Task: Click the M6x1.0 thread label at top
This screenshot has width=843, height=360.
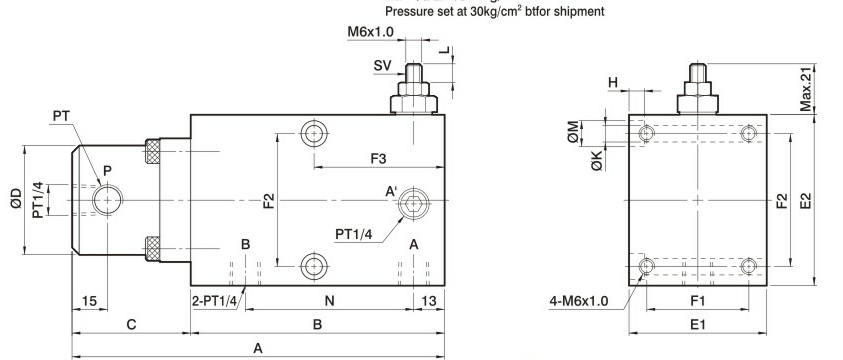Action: [370, 32]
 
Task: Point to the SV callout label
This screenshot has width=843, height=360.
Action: [382, 66]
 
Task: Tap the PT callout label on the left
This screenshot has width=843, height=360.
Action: [62, 116]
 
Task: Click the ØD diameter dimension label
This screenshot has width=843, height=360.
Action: [16, 199]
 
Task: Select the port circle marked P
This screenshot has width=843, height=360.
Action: [108, 200]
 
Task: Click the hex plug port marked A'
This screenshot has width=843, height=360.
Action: [413, 204]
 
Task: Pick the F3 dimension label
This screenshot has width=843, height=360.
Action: [378, 159]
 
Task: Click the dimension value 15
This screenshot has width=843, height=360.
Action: [90, 301]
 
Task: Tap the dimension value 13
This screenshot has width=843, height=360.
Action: [428, 301]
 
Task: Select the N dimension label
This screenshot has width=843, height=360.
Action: [330, 301]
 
